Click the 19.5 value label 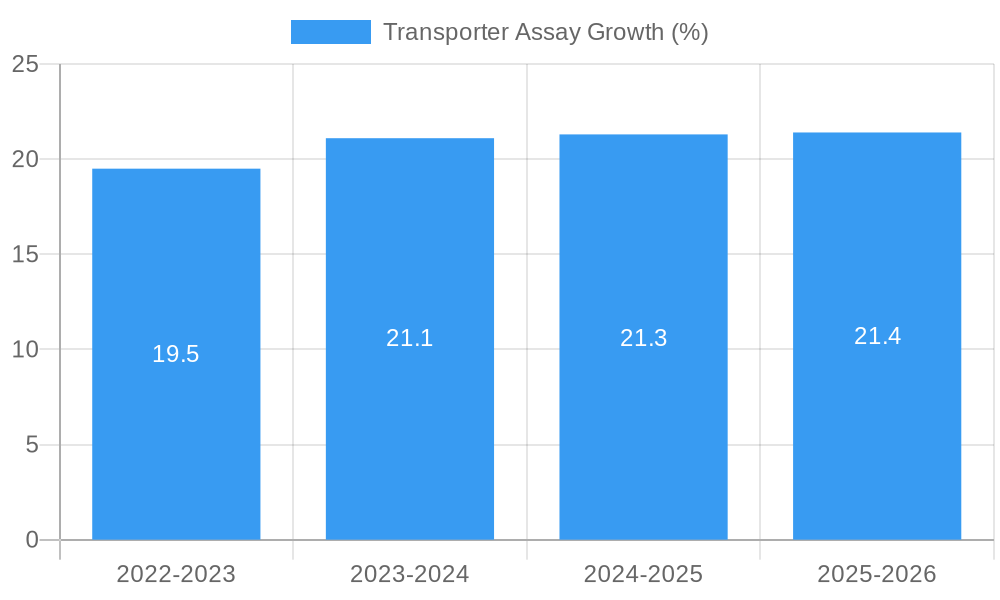click(x=176, y=354)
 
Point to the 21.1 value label click(x=410, y=338)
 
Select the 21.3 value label click(x=643, y=338)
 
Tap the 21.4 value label click(x=877, y=336)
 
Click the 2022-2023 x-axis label click(x=176, y=574)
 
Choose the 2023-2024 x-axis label click(x=410, y=574)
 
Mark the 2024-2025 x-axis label click(x=643, y=574)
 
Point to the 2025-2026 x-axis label click(x=877, y=574)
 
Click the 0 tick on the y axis click(x=31, y=540)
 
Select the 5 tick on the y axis click(x=31, y=445)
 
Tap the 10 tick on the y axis click(x=25, y=350)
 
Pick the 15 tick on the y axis click(x=25, y=255)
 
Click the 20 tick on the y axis click(x=25, y=159)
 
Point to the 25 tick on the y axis click(x=25, y=64)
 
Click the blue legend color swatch click(x=330, y=32)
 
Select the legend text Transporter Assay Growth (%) click(x=546, y=32)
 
